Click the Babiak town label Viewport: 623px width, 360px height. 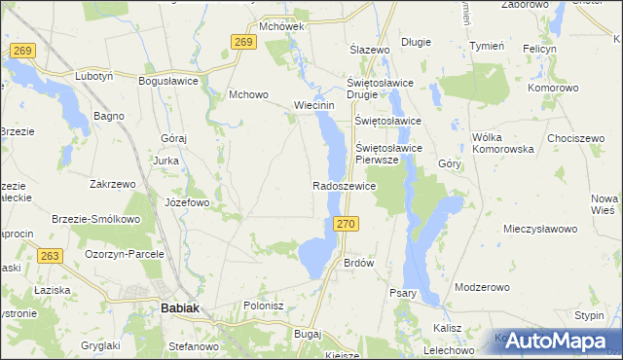coord(179,309)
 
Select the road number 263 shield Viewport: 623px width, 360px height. coord(52,255)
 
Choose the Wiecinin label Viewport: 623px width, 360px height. coord(314,106)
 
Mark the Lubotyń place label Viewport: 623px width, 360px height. coord(95,76)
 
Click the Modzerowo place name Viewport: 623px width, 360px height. coord(483,288)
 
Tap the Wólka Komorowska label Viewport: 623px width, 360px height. coord(503,144)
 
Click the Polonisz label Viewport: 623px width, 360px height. coord(263,305)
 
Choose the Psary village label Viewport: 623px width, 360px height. coord(402,293)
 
